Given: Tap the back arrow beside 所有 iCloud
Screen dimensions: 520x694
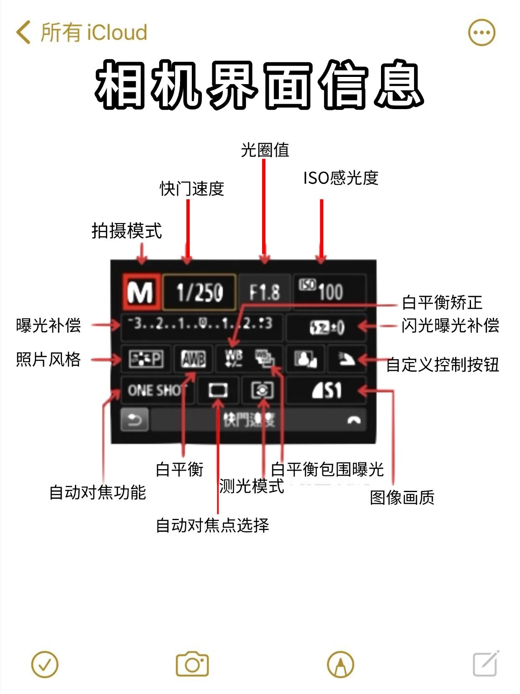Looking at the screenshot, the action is coord(23,32).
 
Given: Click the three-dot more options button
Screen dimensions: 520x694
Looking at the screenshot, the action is coord(481,32).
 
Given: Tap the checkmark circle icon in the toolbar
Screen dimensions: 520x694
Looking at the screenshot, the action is coord(45,664).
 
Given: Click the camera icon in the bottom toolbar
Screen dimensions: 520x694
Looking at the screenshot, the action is coord(192,664).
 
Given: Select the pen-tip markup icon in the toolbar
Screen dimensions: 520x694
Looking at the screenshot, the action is coord(340,664).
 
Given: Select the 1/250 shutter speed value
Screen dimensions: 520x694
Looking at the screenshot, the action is coord(199,292).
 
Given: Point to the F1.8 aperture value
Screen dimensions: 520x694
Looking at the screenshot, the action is coord(264,292).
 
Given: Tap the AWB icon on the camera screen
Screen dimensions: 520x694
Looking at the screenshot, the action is coord(193,359).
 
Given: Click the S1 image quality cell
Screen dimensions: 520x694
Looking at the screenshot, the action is coord(327,390).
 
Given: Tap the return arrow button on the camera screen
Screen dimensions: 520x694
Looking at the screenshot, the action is coord(134,420).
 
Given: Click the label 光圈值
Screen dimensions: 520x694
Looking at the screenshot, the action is coord(265,150).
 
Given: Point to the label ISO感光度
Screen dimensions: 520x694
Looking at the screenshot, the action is coord(341,178).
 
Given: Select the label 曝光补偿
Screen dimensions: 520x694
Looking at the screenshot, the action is coord(49,325).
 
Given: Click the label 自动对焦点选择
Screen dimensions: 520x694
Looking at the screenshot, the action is coord(212,525).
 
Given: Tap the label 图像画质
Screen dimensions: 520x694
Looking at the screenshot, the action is coord(402,498).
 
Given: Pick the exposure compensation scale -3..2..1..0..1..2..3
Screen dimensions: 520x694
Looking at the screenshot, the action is coord(201,324).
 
